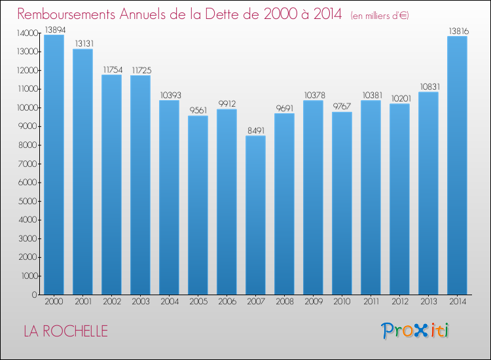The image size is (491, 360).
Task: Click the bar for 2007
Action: pyautogui.click(x=255, y=215)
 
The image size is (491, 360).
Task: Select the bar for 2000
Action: pyautogui.click(x=54, y=165)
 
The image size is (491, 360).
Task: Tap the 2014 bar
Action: pyautogui.click(x=457, y=166)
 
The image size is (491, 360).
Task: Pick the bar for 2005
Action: pyautogui.click(x=198, y=205)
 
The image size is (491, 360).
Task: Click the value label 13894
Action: pyautogui.click(x=55, y=29)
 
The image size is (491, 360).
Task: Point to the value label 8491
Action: pyautogui.click(x=256, y=130)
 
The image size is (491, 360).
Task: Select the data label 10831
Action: pyautogui.click(x=429, y=86)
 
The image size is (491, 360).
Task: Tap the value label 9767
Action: pyautogui.click(x=342, y=107)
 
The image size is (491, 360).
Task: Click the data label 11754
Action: pyautogui.click(x=113, y=70)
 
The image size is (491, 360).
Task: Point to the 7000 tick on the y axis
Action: pyautogui.click(x=27, y=164)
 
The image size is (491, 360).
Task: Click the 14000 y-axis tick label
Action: pyautogui.click(x=27, y=33)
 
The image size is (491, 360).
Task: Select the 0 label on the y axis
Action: pyautogui.click(x=35, y=295)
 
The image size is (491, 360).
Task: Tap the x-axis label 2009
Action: pyautogui.click(x=314, y=302)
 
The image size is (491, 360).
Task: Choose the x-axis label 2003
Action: pyautogui.click(x=141, y=302)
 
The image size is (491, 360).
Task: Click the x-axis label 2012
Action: pyautogui.click(x=400, y=302)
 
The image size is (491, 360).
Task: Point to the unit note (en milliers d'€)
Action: pyautogui.click(x=380, y=16)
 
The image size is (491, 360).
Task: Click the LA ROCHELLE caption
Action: pyautogui.click(x=65, y=331)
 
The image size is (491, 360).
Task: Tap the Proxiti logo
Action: pyautogui.click(x=415, y=331)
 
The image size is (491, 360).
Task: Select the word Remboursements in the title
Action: pyautogui.click(x=66, y=14)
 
